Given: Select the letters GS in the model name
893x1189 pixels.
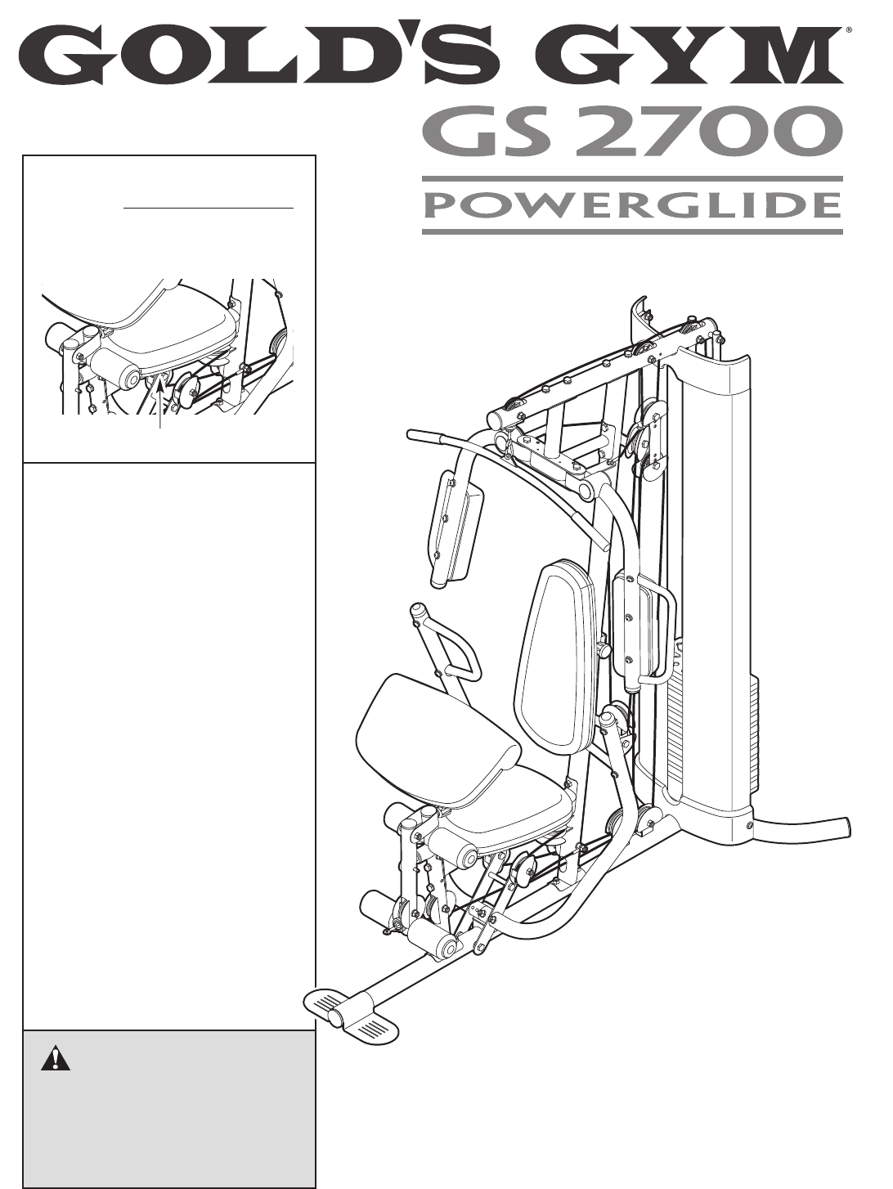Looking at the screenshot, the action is pos(482,135).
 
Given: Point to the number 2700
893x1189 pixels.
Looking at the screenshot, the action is pos(703,135).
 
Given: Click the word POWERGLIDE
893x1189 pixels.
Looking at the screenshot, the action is pos(631,205).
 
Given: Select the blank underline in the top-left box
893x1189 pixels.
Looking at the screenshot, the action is pos(209,208).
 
